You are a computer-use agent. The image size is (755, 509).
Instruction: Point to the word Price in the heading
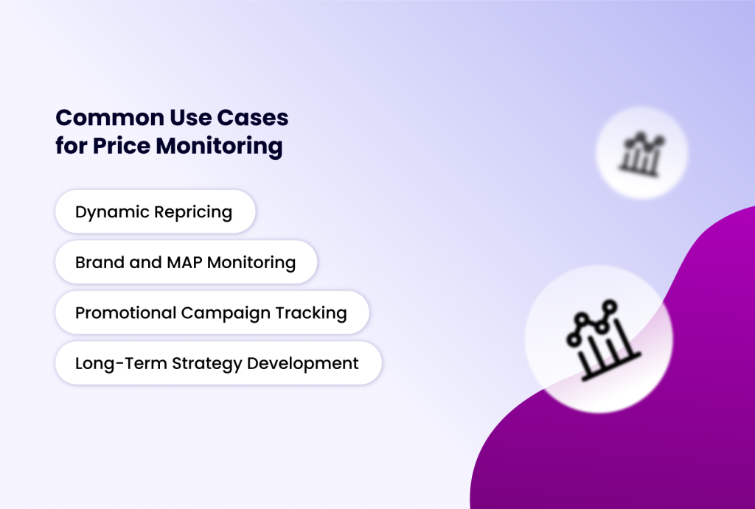coord(122,146)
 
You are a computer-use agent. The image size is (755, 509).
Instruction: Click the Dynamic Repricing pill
coord(155,212)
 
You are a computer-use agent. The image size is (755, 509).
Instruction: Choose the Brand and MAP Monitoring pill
coord(186,262)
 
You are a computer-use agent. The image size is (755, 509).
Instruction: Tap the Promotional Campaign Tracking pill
coord(212,312)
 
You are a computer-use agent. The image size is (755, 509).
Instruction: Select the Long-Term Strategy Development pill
coord(218,363)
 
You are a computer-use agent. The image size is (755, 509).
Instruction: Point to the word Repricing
coord(193,213)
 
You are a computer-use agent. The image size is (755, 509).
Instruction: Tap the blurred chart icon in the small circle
coord(642,153)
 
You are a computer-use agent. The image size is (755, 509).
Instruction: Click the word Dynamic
coord(112,213)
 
